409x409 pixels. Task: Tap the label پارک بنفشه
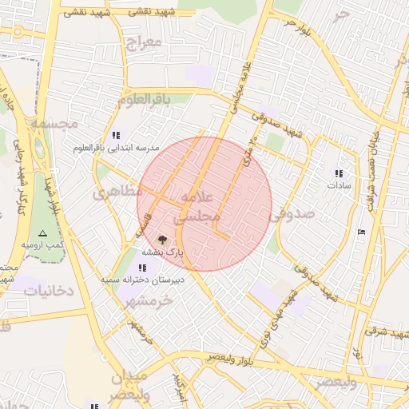(x=163, y=251)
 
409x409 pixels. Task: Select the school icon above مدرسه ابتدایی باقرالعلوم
(x=117, y=135)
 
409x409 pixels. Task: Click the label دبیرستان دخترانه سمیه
(x=142, y=280)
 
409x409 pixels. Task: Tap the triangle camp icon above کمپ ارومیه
(x=42, y=232)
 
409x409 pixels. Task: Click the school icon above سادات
(x=339, y=173)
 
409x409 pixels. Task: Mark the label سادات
(x=339, y=185)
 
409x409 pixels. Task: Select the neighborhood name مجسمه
(x=54, y=124)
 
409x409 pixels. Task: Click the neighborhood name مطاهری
(x=117, y=193)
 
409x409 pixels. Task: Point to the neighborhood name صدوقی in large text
(x=292, y=214)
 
